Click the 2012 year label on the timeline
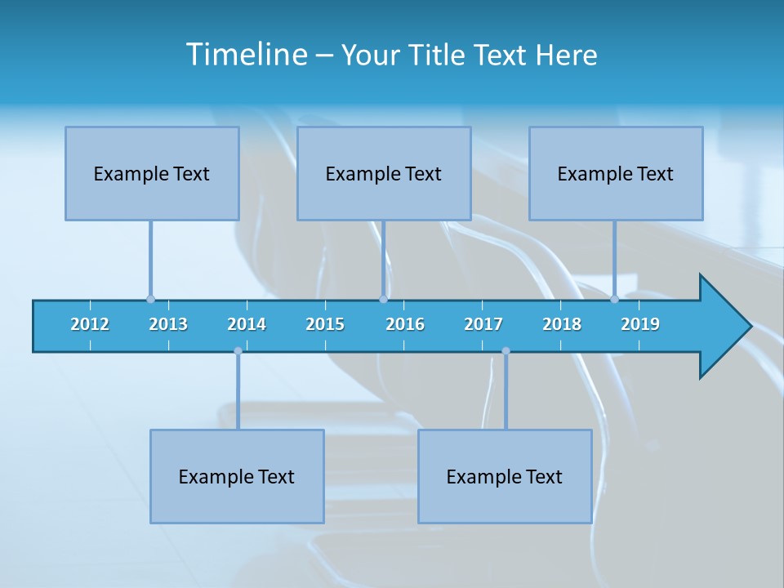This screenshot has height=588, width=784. pyautogui.click(x=90, y=324)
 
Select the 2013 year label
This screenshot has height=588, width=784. pyautogui.click(x=168, y=324)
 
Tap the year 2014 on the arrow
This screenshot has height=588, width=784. pyautogui.click(x=247, y=324)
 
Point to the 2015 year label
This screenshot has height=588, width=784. pyautogui.click(x=325, y=324)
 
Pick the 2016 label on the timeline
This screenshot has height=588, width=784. pyautogui.click(x=405, y=324)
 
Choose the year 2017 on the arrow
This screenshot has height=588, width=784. pyautogui.click(x=483, y=324)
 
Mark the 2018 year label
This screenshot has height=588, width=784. pyautogui.click(x=562, y=324)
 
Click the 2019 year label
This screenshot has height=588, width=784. pyautogui.click(x=640, y=324)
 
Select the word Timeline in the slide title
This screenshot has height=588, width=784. pyautogui.click(x=246, y=55)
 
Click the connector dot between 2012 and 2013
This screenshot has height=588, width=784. pyautogui.click(x=150, y=299)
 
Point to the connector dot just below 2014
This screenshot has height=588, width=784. pyautogui.click(x=238, y=351)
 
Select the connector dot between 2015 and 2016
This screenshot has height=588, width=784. pyautogui.click(x=383, y=299)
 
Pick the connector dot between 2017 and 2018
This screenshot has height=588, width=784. pyautogui.click(x=506, y=351)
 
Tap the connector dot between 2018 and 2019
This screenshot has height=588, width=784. pyautogui.click(x=614, y=299)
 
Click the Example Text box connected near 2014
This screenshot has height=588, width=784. pyautogui.click(x=237, y=476)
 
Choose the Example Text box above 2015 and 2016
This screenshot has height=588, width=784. pyautogui.click(x=384, y=173)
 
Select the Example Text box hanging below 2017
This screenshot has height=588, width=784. pyautogui.click(x=505, y=476)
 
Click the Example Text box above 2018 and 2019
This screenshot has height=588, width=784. pyautogui.click(x=616, y=173)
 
